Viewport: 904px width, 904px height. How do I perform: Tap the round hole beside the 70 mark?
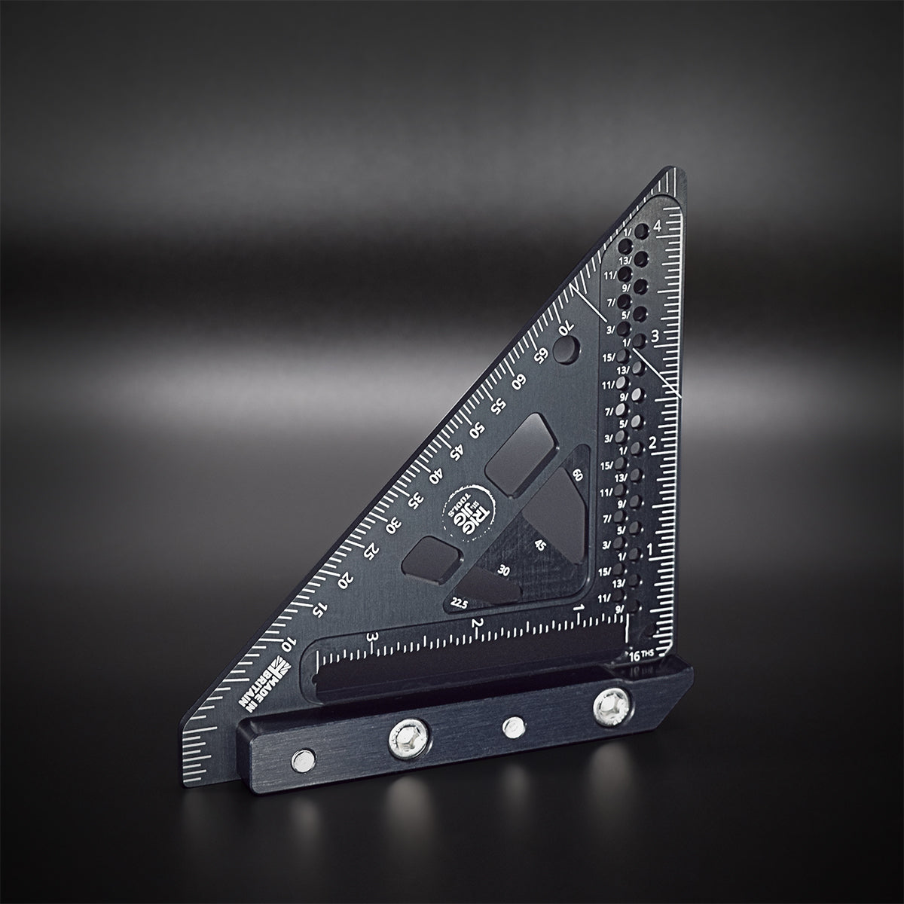pyautogui.click(x=567, y=349)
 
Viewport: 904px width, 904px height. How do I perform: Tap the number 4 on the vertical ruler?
pyautogui.click(x=658, y=225)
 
